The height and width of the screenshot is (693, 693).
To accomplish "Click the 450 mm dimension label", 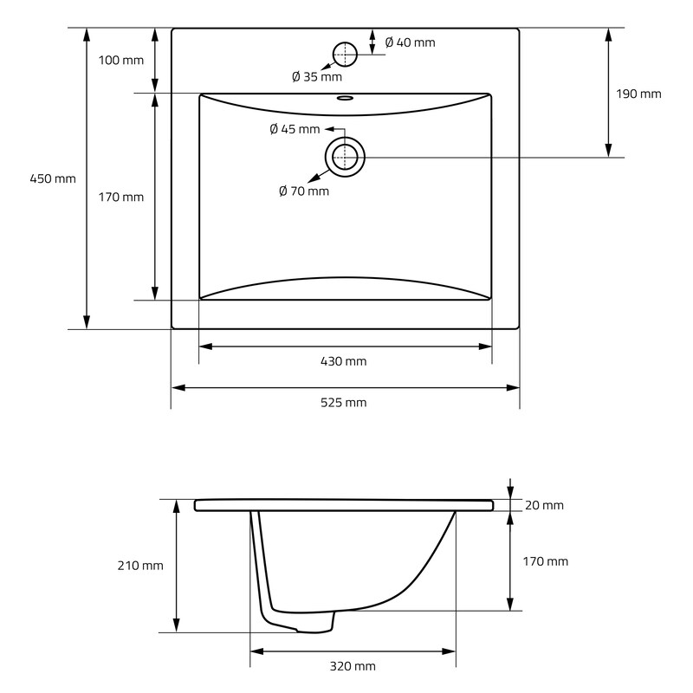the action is click(53, 179).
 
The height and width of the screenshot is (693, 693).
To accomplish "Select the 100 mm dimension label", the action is click(121, 60).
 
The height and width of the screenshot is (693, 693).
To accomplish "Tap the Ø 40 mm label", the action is click(410, 42).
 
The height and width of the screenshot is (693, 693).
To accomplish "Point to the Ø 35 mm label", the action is click(317, 77).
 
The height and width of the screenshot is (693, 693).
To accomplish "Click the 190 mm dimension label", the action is click(638, 94).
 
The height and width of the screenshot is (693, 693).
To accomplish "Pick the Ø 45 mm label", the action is click(295, 129).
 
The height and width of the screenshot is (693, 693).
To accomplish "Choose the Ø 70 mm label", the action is click(304, 191).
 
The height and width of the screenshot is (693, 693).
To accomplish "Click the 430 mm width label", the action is click(343, 361).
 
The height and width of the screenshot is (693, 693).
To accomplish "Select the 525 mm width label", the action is click(343, 403).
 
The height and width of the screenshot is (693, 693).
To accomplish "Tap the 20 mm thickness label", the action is click(544, 505).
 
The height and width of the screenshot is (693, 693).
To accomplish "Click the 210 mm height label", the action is click(140, 566).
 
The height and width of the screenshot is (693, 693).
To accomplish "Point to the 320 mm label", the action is click(353, 666).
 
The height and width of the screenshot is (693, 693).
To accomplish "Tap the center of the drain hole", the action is click(345, 157).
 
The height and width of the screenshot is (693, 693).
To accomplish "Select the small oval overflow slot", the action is click(345, 97).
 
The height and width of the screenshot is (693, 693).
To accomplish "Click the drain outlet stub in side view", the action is click(314, 623).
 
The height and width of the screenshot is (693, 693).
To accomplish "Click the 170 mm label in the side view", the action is click(546, 561).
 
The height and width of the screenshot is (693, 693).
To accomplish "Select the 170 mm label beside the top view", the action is click(121, 198).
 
